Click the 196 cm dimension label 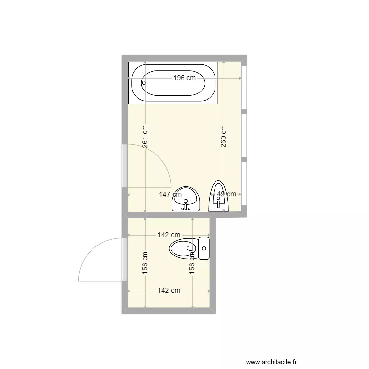pos(184,78)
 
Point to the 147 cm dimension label pos(170,195)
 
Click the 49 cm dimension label pos(227,195)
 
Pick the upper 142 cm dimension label pos(168,235)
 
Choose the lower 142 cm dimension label pos(168,290)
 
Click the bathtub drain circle pos(144,82)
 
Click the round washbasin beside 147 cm pos(185,200)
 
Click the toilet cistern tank pos(204,248)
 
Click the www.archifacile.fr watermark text pos(272,361)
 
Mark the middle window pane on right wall pos(245,136)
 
